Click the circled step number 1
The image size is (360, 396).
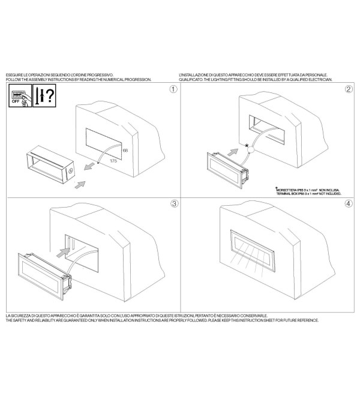pyautogui.click(x=173, y=89)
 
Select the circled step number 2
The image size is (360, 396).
pyautogui.click(x=349, y=89)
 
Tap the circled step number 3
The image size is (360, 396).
pyautogui.click(x=174, y=203)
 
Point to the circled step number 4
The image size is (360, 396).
pyautogui.click(x=349, y=203)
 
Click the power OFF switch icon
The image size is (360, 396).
pyautogui.click(x=20, y=96)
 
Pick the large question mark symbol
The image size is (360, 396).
pyautogui.click(x=50, y=95)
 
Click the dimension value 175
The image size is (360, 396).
pyautogui.click(x=113, y=161)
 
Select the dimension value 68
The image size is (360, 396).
pyautogui.click(x=125, y=151)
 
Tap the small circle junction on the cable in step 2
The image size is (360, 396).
pyautogui.click(x=251, y=150)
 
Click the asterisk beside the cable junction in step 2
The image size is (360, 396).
pyautogui.click(x=247, y=145)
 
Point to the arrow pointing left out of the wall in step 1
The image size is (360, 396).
pyautogui.click(x=89, y=166)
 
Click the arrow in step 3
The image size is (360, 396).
pyautogui.click(x=63, y=253)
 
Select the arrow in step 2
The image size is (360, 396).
pyautogui.click(x=233, y=152)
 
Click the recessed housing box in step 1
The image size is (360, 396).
pyautogui.click(x=50, y=164)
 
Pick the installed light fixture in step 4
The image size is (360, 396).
pyautogui.click(x=253, y=251)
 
